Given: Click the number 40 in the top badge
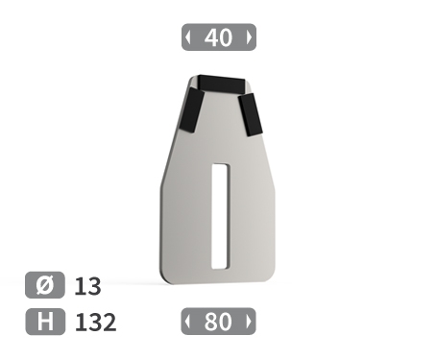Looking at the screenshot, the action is click(218, 37).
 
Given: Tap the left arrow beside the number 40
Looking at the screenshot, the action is click(188, 37).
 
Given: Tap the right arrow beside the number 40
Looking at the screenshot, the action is click(249, 37).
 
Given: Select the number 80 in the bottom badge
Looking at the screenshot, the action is click(218, 322).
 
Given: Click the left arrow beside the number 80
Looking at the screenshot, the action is click(187, 322).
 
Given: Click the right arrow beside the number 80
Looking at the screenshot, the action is click(249, 322).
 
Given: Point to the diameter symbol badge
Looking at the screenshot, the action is click(45, 285).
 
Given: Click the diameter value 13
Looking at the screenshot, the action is click(87, 286).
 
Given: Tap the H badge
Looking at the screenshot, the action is click(45, 322).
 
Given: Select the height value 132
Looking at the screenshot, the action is click(95, 322).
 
